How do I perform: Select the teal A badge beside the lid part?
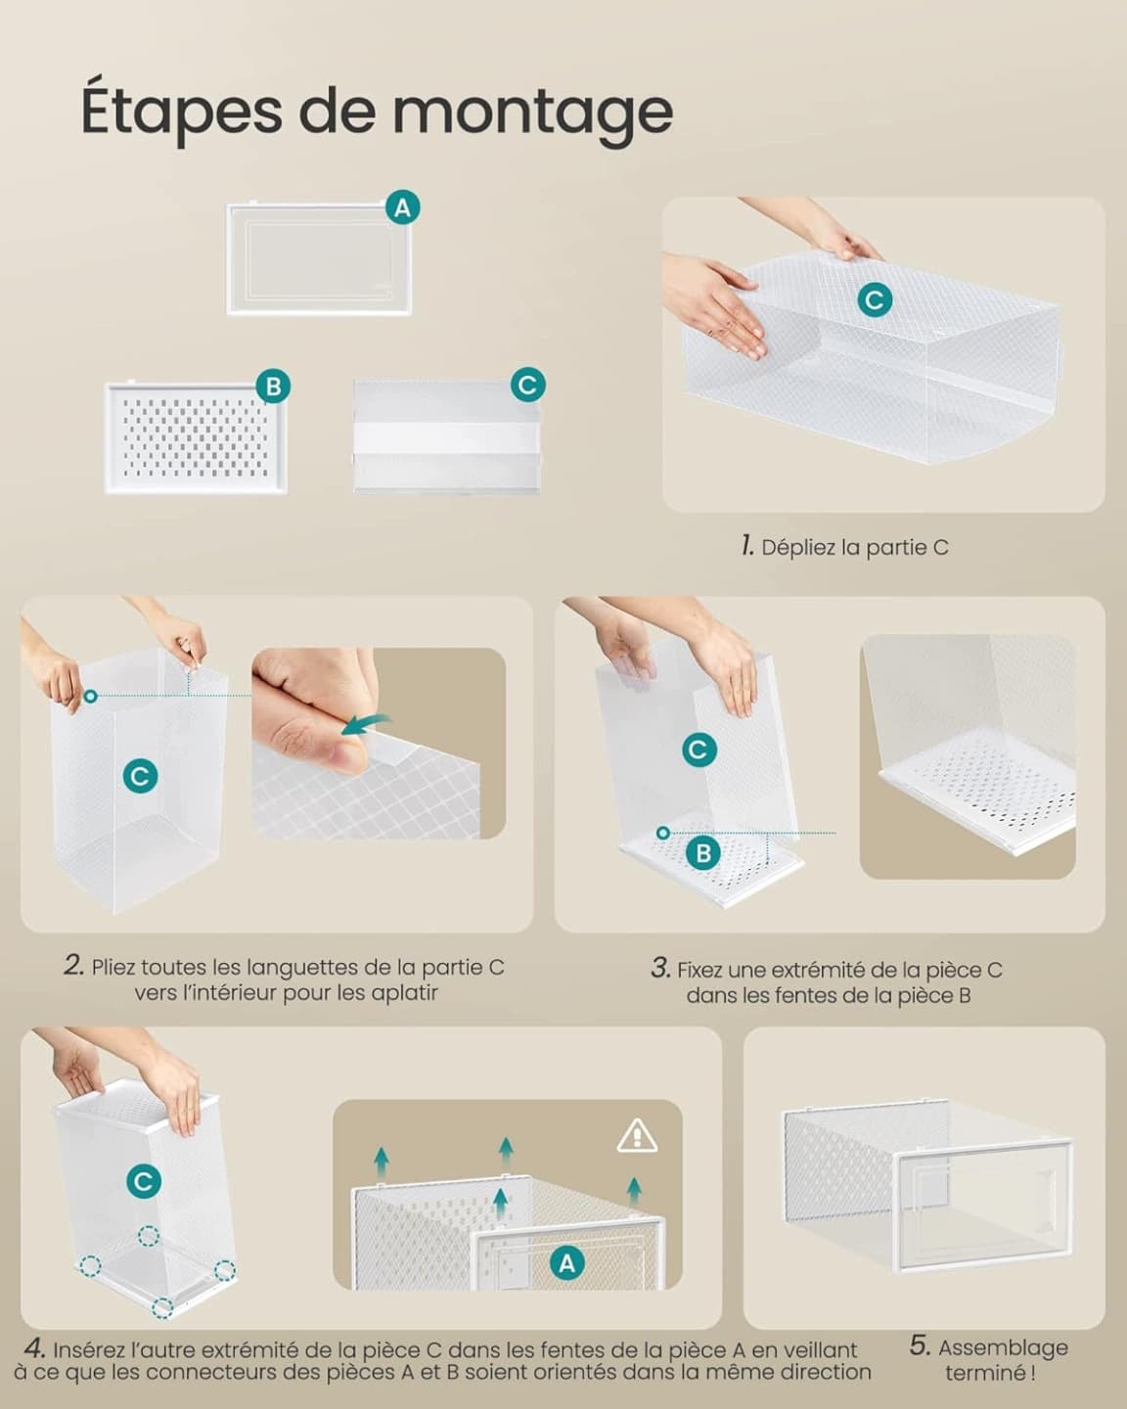click(x=402, y=207)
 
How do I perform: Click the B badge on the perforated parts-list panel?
click(x=273, y=386)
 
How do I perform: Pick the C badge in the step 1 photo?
click(x=875, y=300)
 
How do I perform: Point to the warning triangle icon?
click(x=637, y=1136)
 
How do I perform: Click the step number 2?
click(x=74, y=966)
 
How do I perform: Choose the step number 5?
click(x=920, y=1346)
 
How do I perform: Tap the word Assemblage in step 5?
click(x=1003, y=1348)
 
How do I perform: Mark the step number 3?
click(x=660, y=968)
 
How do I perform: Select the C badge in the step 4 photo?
click(x=144, y=1182)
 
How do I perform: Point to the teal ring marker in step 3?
click(x=663, y=833)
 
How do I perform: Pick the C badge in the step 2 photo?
click(x=140, y=777)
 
